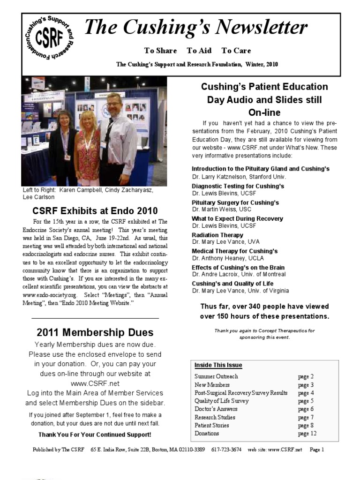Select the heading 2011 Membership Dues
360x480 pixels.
tap(95, 332)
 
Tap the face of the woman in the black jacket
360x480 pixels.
tap(65, 119)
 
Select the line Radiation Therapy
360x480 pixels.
tap(217, 235)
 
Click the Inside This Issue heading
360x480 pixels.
tap(218, 365)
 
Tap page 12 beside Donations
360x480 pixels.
tap(307, 434)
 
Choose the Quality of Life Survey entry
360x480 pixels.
tap(222, 401)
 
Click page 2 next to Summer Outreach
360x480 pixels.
tap(306, 376)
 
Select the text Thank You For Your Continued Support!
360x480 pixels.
tap(95, 435)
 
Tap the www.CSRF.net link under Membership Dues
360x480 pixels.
tap(95, 383)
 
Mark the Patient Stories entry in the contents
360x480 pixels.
tap(212, 425)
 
